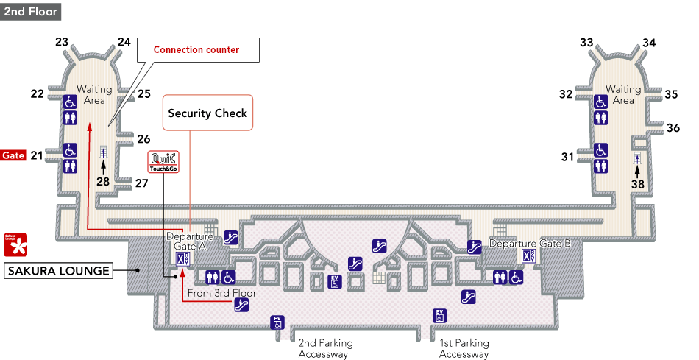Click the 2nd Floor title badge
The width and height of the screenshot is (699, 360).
point(29,12)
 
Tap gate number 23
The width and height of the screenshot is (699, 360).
point(62,42)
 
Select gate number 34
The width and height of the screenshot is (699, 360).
point(648,43)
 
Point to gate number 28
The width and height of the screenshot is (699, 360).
point(103,182)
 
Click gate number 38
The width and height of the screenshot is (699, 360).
point(637,186)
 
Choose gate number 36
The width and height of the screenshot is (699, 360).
point(673,127)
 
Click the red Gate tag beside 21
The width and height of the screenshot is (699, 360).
point(13,155)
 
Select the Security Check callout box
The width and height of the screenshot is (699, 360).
point(207,113)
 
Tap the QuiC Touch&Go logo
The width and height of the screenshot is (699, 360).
point(162,162)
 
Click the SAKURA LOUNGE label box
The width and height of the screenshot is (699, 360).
point(59,271)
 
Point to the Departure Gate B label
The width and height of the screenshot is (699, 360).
point(530,243)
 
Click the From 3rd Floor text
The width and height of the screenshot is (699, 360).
point(221,293)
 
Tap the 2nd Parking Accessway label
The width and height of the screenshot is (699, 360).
point(325,348)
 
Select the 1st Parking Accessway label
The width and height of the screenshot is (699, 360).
point(464,348)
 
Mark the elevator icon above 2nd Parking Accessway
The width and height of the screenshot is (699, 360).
point(277,322)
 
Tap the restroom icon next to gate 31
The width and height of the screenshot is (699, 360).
point(600,166)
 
